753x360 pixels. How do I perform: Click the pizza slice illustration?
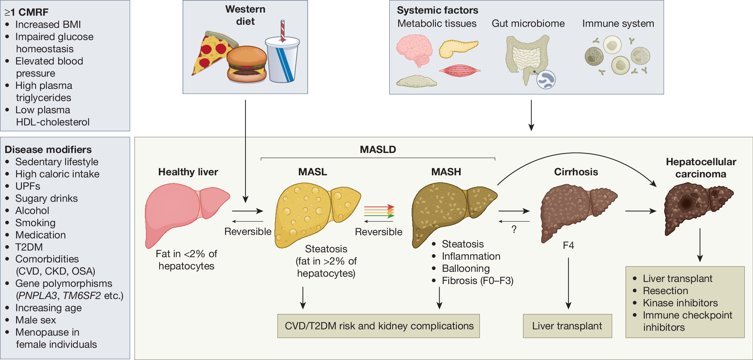point(211,52)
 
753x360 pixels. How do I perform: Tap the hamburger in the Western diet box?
point(247,64)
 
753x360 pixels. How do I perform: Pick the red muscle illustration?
point(460,71)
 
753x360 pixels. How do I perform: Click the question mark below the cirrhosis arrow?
point(514,229)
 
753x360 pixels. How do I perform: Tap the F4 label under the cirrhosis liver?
point(568,245)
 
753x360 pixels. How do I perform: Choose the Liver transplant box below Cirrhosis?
point(567,326)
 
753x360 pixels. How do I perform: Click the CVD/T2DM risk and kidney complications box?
point(379,326)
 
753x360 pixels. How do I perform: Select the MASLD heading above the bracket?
point(378,150)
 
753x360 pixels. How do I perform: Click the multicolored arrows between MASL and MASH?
point(379,211)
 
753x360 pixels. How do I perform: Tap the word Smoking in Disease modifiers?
point(36,223)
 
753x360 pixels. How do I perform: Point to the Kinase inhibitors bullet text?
point(680,303)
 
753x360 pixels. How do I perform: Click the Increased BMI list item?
point(48,24)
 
